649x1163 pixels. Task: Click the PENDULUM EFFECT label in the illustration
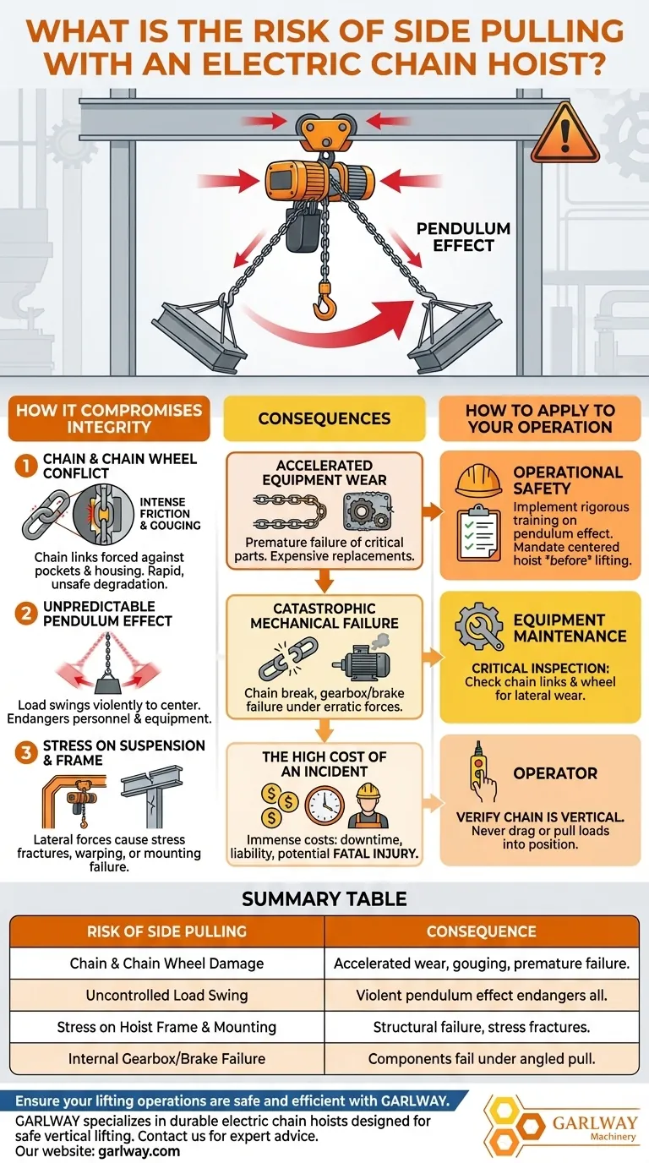[x=463, y=237]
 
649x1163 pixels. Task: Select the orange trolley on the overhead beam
[x=324, y=133]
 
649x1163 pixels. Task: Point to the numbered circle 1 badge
[x=25, y=466]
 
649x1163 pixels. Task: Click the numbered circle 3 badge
[x=25, y=752]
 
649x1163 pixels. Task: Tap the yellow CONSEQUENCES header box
[x=324, y=418]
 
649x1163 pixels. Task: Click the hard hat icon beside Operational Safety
[x=478, y=480]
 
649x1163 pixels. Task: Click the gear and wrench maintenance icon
[x=478, y=626]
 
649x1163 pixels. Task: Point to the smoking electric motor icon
[x=363, y=656]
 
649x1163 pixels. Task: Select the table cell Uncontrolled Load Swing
[x=166, y=995]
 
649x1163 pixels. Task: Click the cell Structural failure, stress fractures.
[x=482, y=1026]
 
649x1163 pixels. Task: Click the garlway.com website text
[x=139, y=1151]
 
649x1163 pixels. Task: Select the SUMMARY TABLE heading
[x=324, y=898]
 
